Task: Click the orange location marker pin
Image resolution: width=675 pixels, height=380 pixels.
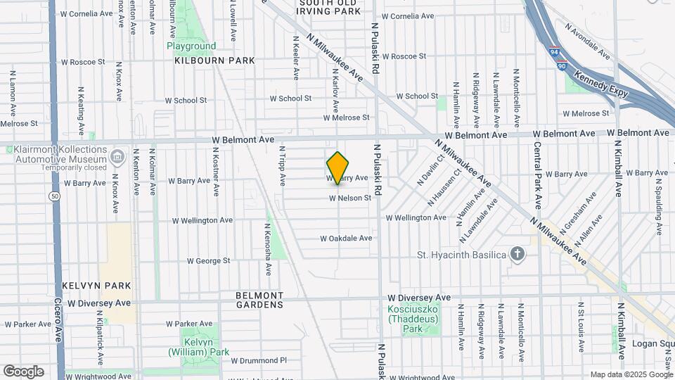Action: click(337, 167)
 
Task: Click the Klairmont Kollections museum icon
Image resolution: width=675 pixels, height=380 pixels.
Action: click(117, 155)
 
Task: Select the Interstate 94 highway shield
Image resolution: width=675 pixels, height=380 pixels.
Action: click(555, 52)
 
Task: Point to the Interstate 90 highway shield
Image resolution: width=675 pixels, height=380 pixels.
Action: click(560, 65)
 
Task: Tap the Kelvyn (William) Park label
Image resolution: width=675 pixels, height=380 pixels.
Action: click(198, 346)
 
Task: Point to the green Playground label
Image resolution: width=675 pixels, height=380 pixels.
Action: click(191, 46)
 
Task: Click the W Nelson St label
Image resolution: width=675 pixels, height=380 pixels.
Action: click(349, 198)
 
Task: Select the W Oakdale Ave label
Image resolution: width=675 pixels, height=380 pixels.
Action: click(346, 239)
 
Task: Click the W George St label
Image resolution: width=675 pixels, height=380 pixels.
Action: click(208, 261)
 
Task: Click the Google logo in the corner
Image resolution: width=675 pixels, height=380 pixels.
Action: click(23, 371)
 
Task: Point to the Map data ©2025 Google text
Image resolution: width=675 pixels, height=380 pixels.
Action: click(630, 374)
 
